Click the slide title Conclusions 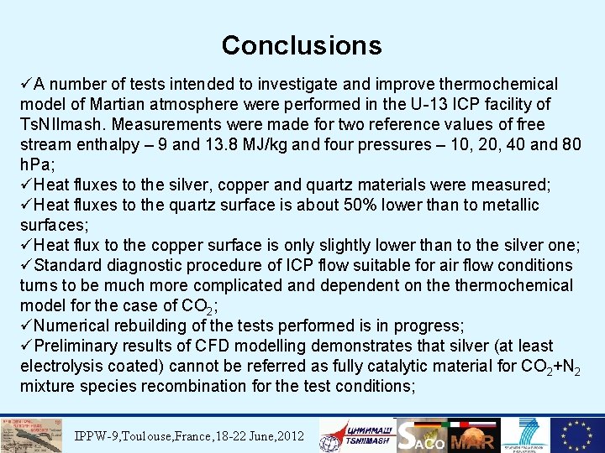point(302,44)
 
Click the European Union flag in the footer point(576,435)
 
